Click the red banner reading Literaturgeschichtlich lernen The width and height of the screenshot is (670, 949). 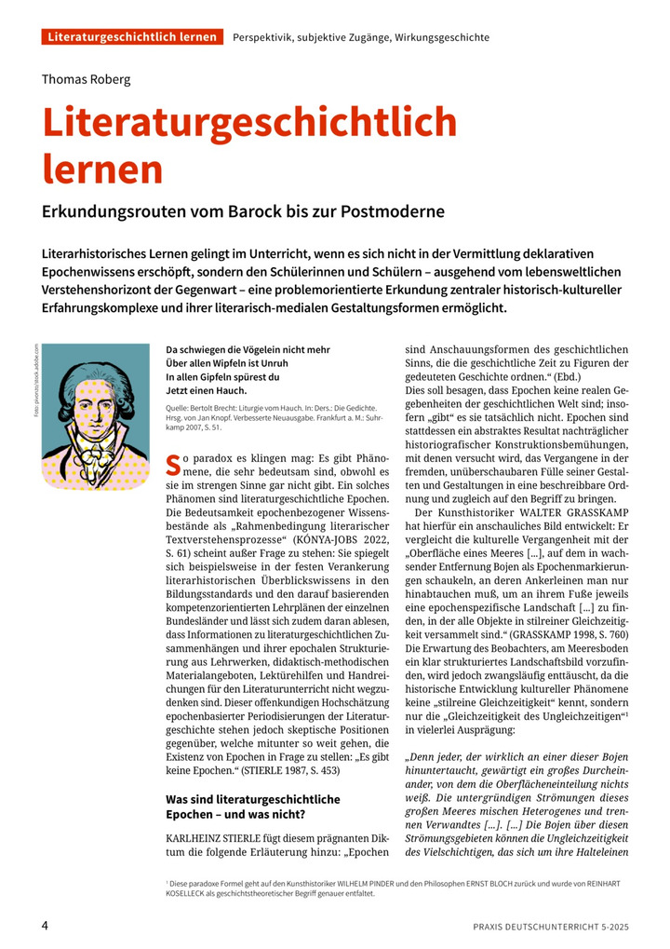pos(132,37)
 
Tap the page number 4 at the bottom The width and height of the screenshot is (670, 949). pos(45,926)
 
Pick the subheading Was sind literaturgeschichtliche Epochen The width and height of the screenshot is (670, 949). pos(252,799)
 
